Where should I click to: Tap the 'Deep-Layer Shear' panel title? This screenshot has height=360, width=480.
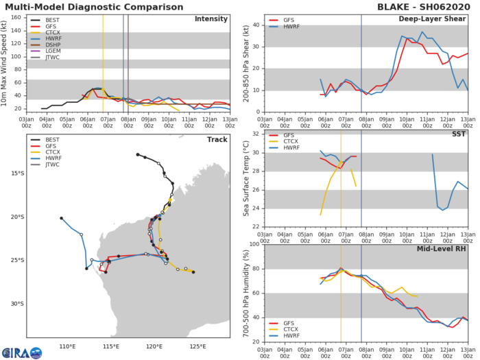pos(437,19)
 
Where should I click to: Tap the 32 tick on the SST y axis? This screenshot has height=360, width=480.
pos(254,134)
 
